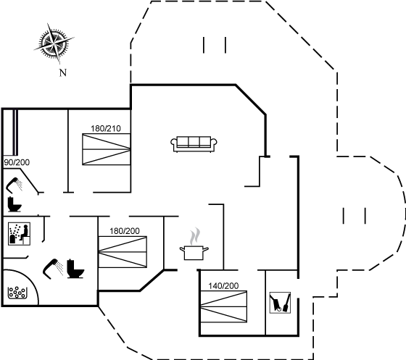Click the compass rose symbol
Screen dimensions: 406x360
[x=54, y=43]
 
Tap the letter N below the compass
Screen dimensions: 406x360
[x=63, y=73]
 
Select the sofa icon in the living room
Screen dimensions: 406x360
[x=194, y=144]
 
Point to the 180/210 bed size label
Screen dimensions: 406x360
[x=106, y=128]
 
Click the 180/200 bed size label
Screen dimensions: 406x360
[x=125, y=231]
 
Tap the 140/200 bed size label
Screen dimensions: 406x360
[x=223, y=286]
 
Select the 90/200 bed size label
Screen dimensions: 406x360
[x=17, y=162]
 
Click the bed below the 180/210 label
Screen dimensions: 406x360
[x=106, y=149]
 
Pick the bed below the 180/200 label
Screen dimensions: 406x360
[x=123, y=252]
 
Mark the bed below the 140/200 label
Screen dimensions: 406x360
[x=224, y=306]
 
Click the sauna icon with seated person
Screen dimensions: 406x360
[x=19, y=234]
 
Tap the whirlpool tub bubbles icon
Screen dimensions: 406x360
[x=17, y=293]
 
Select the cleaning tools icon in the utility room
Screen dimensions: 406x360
[x=280, y=303]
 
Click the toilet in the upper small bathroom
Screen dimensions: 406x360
[x=14, y=204]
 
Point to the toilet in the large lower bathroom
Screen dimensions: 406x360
[x=75, y=269]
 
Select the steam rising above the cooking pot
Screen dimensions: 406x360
[x=195, y=236]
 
